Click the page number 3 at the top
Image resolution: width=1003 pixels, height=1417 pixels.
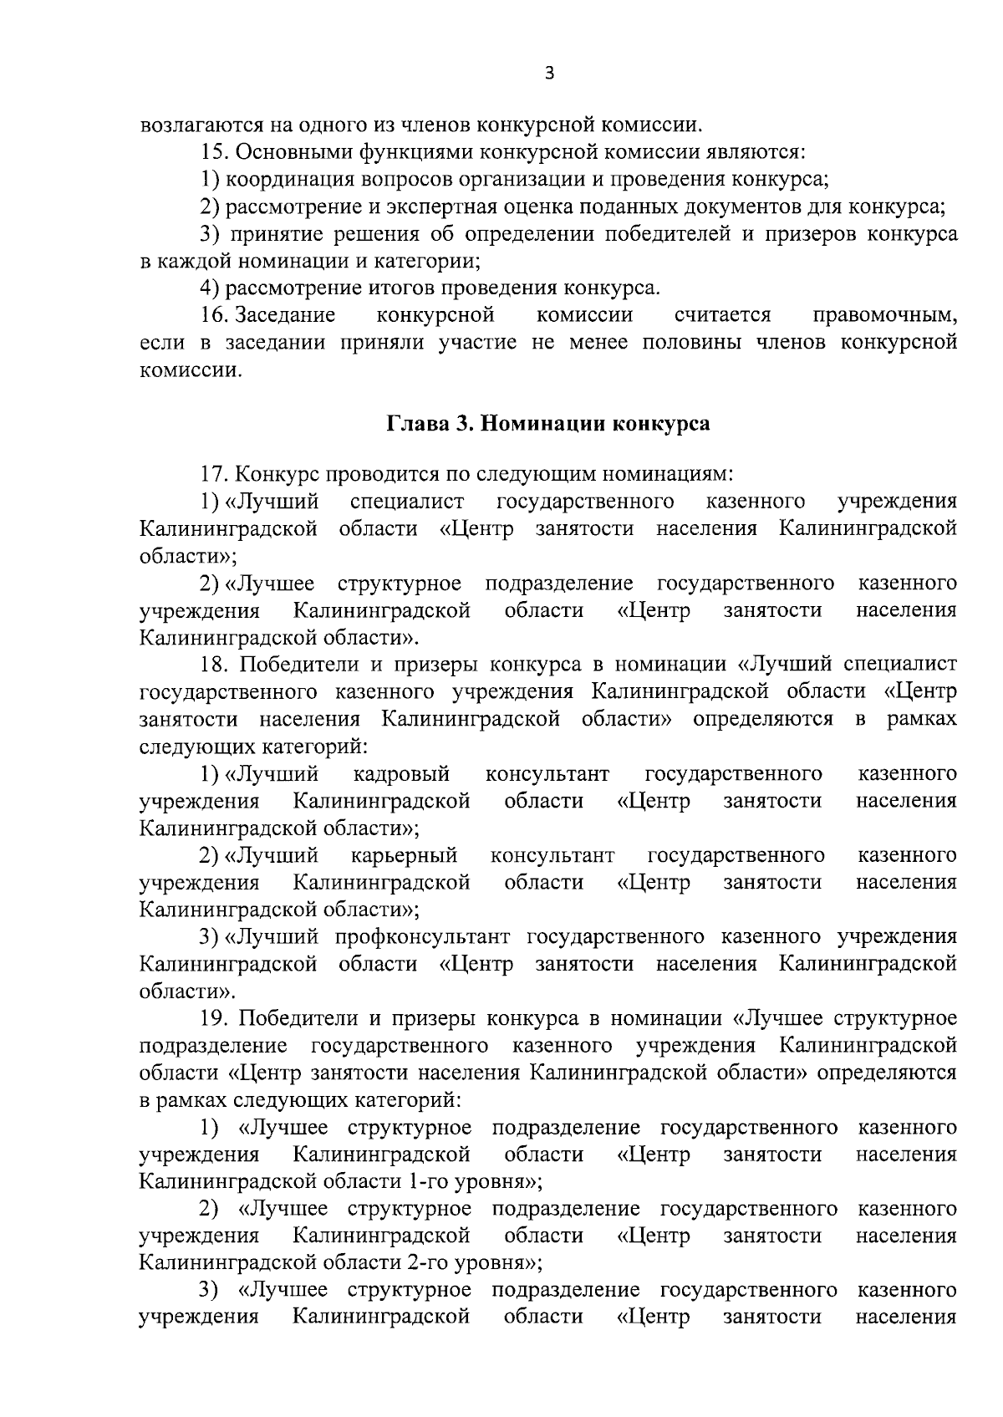(x=548, y=74)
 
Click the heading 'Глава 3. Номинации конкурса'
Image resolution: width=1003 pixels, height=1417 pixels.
(x=547, y=423)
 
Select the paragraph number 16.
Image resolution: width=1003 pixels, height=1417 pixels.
(x=215, y=315)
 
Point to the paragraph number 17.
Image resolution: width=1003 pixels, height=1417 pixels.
(x=213, y=474)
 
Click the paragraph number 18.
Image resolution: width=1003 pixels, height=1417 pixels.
(x=213, y=665)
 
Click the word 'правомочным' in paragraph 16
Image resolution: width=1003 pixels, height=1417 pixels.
(x=884, y=315)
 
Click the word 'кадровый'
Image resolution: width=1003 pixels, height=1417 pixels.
(x=401, y=774)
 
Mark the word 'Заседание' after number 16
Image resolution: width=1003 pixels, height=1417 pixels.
(x=285, y=315)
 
